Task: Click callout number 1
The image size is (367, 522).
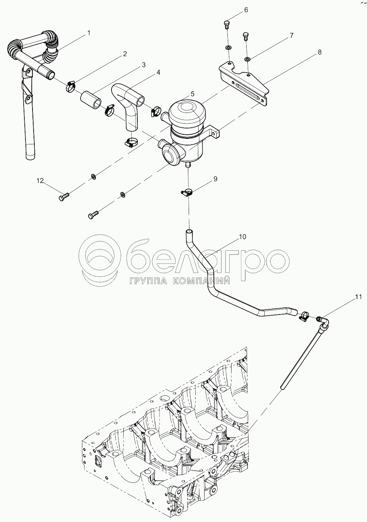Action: point(89,33)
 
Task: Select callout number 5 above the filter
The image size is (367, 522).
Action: point(192,94)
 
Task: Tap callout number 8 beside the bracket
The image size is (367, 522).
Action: point(319,52)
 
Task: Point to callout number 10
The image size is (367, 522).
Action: point(242,237)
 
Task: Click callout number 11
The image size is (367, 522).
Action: point(359,297)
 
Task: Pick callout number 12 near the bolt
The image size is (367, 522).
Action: point(40,181)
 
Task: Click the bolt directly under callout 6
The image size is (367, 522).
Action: point(227,24)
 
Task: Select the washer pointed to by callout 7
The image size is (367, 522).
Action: point(247,59)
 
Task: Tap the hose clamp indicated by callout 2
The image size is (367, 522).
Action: point(71,86)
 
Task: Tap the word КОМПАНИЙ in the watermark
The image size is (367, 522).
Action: point(202,281)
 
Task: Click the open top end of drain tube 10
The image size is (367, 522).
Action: point(189,232)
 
